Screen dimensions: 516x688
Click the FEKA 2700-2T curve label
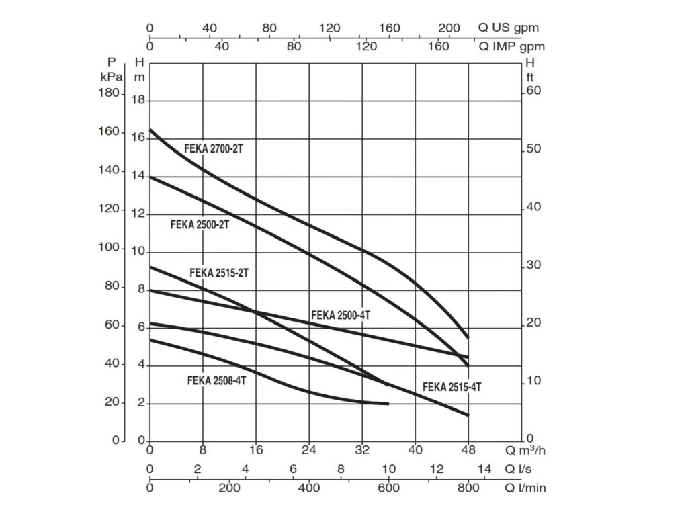(x=213, y=148)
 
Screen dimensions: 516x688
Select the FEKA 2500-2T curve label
(x=200, y=225)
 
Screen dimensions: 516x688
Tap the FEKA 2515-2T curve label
(x=219, y=273)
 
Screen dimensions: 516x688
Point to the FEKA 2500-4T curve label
(x=341, y=315)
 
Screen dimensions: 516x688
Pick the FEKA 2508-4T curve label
(x=217, y=380)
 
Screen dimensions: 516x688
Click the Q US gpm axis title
(x=509, y=28)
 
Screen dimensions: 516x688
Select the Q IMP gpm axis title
(x=511, y=47)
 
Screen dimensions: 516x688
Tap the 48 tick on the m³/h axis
(x=468, y=450)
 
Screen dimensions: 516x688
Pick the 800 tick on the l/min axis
(x=468, y=488)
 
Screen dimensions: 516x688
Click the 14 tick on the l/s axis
(x=484, y=469)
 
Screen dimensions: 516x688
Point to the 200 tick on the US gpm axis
(x=449, y=28)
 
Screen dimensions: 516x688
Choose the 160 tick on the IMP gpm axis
(x=438, y=47)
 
